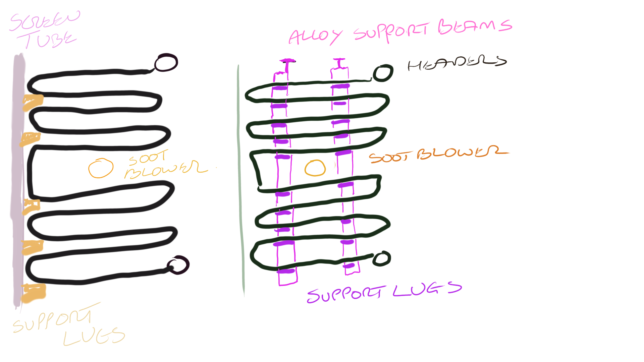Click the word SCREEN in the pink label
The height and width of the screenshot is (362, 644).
tap(45, 21)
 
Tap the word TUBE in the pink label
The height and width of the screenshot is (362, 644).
tap(50, 40)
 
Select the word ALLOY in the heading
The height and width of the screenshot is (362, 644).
tap(315, 36)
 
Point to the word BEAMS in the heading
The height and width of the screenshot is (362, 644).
tap(475, 26)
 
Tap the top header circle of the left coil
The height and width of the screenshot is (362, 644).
tap(166, 63)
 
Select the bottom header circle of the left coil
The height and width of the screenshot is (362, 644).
tap(178, 265)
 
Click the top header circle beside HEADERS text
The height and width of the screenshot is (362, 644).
tap(383, 73)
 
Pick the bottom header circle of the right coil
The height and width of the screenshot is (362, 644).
tap(382, 258)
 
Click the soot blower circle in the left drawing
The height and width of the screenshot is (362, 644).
tap(101, 168)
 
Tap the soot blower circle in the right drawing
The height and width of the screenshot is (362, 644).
tap(315, 168)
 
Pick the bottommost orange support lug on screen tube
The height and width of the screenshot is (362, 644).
tap(33, 292)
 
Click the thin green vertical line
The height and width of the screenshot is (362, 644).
tap(240, 181)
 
